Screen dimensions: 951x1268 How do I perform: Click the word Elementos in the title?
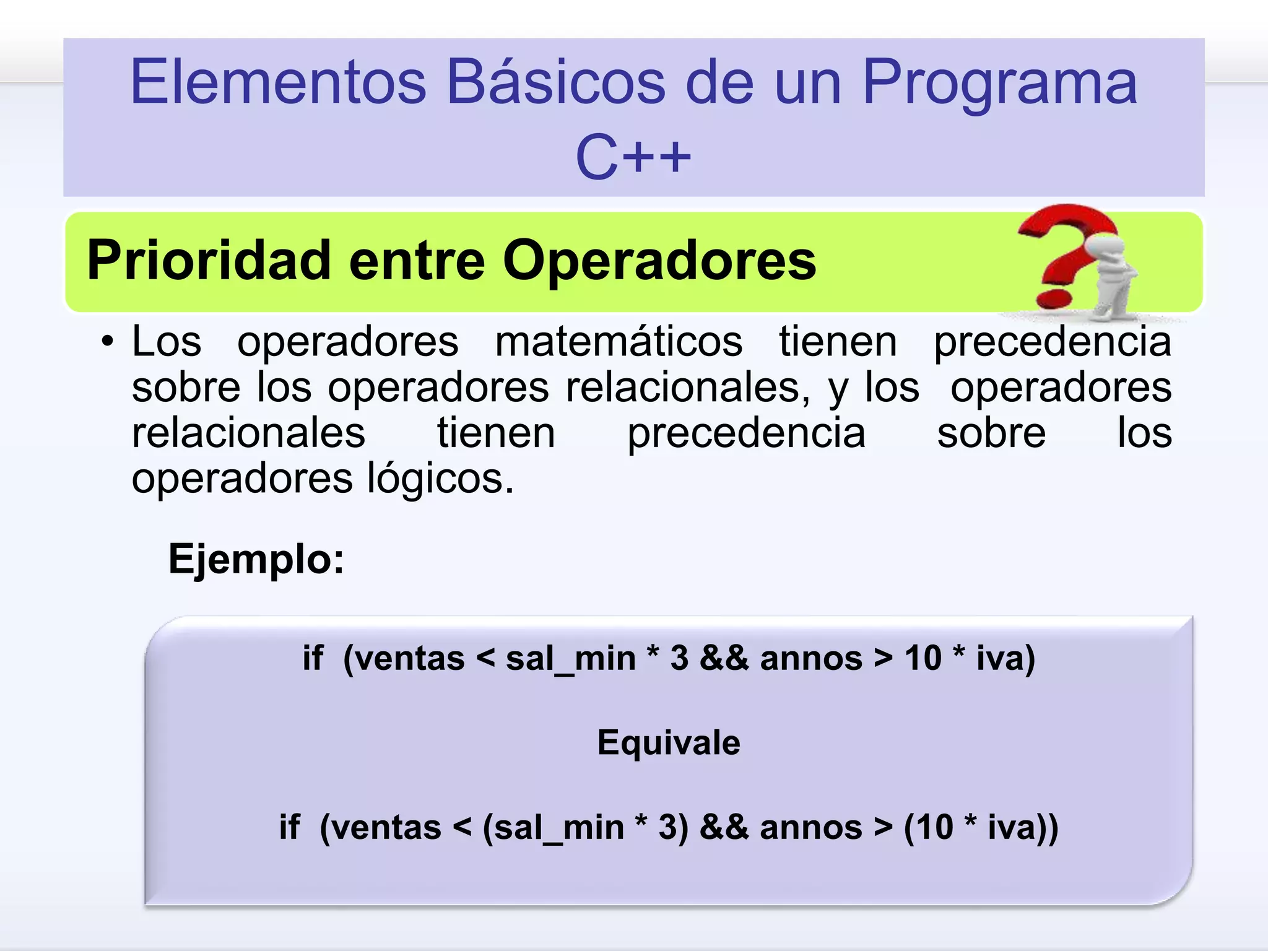[x=279, y=82]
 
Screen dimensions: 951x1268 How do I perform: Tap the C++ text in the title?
[x=633, y=157]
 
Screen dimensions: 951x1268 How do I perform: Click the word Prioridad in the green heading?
[x=209, y=260]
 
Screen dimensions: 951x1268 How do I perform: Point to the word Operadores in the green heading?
[x=659, y=260]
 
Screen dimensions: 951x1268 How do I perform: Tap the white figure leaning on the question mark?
[x=1111, y=272]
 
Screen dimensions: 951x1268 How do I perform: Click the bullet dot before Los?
[x=108, y=342]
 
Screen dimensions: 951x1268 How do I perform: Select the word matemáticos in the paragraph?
[x=619, y=342]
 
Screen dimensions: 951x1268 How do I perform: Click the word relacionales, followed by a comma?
[x=687, y=388]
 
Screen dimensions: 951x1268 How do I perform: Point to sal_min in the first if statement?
[x=570, y=659]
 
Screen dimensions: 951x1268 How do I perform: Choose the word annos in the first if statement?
[x=811, y=658]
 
